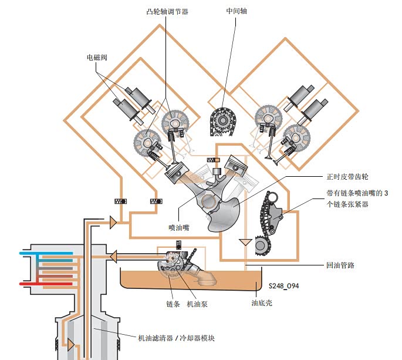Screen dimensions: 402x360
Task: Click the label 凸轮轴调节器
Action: tap(167, 12)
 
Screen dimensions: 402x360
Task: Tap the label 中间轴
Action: tap(237, 11)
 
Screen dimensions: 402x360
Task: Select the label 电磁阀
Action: tap(97, 57)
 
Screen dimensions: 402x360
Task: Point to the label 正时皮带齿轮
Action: tap(347, 177)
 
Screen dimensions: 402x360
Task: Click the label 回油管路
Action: tap(340, 265)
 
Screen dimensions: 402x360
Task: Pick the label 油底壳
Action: tap(262, 303)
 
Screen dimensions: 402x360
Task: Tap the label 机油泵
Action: tap(197, 304)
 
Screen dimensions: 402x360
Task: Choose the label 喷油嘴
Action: tap(179, 227)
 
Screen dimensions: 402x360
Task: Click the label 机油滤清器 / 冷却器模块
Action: tap(176, 338)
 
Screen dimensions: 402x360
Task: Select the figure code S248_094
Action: tap(284, 286)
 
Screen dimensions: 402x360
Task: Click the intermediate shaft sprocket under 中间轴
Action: tap(222, 121)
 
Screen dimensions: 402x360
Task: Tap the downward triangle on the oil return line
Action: tap(245, 242)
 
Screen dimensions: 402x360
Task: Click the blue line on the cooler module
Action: tap(46, 253)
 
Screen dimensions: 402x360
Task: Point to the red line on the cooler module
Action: tap(46, 284)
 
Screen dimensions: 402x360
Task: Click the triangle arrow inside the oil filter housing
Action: tap(71, 345)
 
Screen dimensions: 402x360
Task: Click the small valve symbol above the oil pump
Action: tap(178, 245)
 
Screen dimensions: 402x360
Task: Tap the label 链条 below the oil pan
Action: tap(173, 304)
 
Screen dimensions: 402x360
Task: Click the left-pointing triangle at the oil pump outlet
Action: tap(113, 256)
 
